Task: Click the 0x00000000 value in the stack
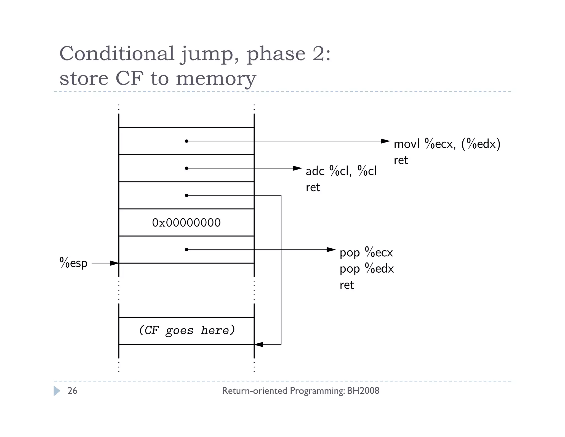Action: [186, 223]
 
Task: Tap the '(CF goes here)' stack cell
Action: [186, 330]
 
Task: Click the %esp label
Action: [73, 263]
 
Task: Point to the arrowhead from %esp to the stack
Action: [114, 263]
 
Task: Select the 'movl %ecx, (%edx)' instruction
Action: [447, 144]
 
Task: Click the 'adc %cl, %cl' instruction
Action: [341, 171]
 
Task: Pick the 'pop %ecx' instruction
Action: [366, 252]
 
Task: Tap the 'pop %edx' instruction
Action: [367, 268]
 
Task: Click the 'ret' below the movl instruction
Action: [401, 160]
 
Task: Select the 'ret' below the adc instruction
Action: [313, 188]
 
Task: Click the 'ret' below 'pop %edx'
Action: [347, 285]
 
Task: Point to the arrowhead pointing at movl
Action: [385, 141]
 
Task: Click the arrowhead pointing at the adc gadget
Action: [297, 168]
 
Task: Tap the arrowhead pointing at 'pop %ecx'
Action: [331, 250]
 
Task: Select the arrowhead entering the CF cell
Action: [258, 344]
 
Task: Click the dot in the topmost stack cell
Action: [186, 141]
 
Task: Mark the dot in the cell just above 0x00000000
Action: [186, 195]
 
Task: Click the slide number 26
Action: [72, 391]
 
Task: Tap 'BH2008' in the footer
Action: [363, 391]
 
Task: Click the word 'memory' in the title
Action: [216, 78]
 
